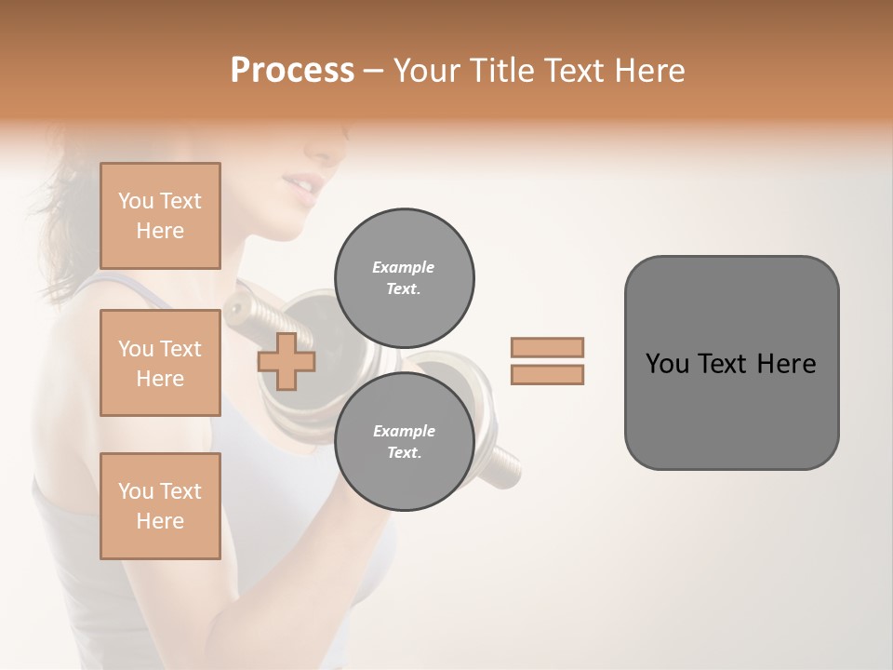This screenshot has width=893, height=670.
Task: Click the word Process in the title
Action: [292, 71]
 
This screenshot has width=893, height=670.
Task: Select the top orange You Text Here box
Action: [160, 216]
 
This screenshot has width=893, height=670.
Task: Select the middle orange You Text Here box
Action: [160, 363]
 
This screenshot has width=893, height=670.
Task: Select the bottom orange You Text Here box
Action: [160, 506]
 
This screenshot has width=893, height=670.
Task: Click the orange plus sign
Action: [287, 361]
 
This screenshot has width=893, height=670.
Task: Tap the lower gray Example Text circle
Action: [404, 442]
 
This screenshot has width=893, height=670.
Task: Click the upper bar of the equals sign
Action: [548, 348]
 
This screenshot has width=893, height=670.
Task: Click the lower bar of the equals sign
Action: [548, 374]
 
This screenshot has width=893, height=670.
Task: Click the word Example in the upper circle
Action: [404, 267]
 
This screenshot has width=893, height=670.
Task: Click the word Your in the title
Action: [426, 71]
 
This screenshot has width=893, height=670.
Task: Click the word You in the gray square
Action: [667, 364]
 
